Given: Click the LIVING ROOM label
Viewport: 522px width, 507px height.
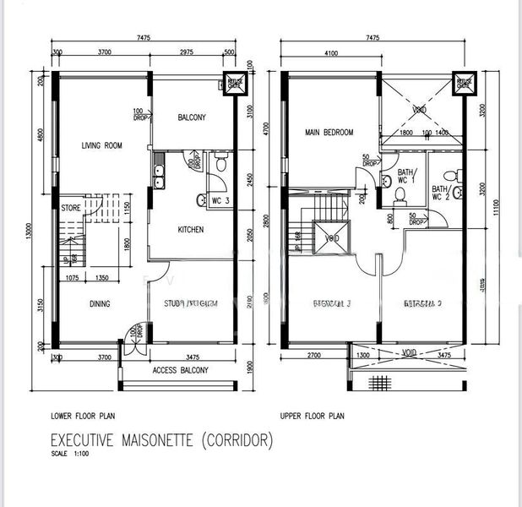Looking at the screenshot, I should (101, 145).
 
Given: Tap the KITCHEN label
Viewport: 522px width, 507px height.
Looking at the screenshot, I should (190, 230).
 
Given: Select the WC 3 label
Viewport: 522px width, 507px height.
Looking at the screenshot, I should (221, 200).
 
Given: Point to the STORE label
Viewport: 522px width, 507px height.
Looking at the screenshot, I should (70, 207).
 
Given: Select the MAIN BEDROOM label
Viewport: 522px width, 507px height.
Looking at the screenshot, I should (329, 133).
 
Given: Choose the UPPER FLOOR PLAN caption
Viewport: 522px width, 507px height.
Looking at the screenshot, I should (313, 417).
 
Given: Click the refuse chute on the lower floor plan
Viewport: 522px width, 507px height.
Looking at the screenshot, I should (233, 83).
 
